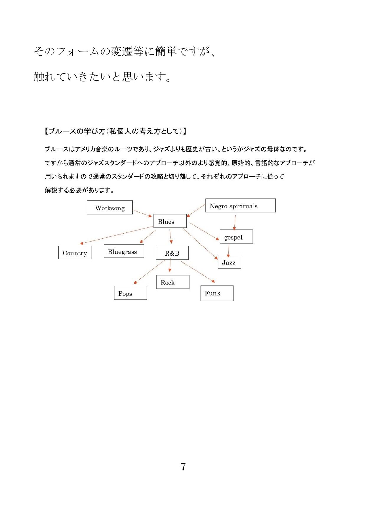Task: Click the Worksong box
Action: [110, 207]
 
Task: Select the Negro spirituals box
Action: [240, 205]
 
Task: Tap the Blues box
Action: [170, 221]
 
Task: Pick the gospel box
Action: [236, 237]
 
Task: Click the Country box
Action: [75, 252]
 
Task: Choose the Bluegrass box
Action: [124, 251]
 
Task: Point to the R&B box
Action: [172, 253]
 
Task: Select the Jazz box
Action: [229, 262]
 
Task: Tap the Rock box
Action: [173, 282]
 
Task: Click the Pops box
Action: [131, 293]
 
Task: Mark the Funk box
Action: [217, 293]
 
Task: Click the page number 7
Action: [183, 467]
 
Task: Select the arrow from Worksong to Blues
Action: [142, 214]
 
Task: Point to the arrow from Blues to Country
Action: [116, 235]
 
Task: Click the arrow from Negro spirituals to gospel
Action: [235, 223]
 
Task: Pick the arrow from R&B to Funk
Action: [198, 272]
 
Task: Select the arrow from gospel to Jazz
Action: [229, 251]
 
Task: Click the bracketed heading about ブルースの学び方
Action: [115, 131]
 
